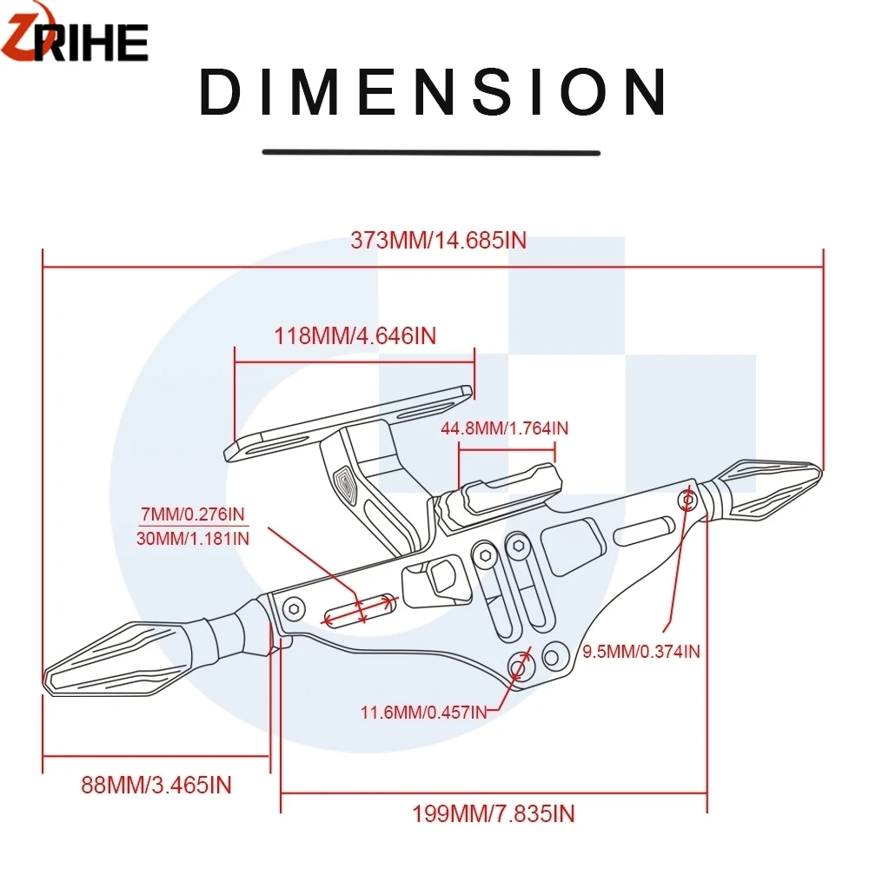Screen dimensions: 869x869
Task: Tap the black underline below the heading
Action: click(431, 153)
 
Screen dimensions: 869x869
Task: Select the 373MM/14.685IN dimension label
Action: click(438, 241)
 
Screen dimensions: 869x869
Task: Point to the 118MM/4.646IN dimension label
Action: click(355, 335)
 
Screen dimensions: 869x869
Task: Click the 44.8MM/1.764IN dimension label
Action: click(505, 428)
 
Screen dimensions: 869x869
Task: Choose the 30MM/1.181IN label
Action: click(193, 539)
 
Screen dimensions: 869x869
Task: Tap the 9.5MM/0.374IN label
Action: click(641, 650)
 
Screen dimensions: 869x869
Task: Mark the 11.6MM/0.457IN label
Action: click(423, 713)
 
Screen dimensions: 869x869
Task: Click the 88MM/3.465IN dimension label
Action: click(156, 786)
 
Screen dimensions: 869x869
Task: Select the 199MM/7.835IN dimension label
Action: click(494, 813)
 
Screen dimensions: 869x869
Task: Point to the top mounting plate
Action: click(348, 423)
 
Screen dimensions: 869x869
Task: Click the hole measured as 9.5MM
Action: click(688, 500)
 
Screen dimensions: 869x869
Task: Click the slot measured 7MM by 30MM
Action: click(360, 608)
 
